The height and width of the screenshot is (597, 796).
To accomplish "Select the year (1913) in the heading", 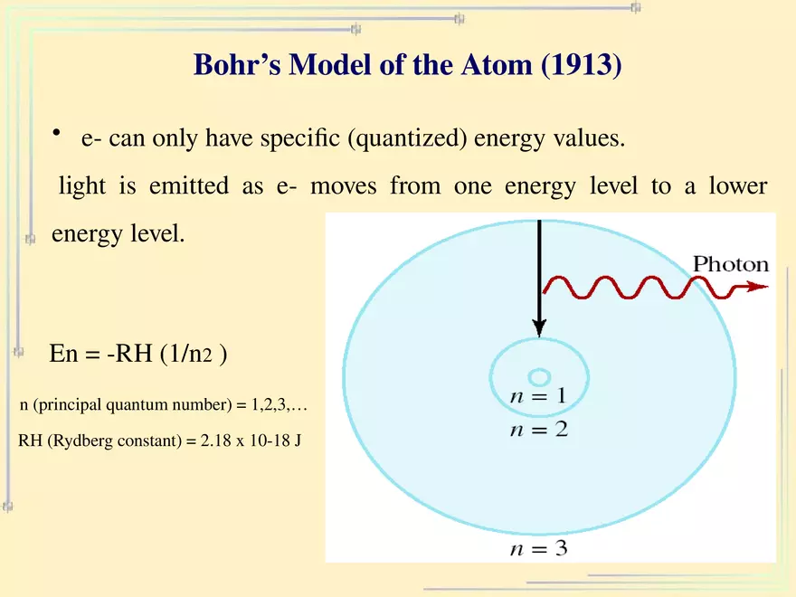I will [581, 65].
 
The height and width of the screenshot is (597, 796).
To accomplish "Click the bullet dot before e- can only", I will [56, 135].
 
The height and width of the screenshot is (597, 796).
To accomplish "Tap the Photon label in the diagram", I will [730, 264].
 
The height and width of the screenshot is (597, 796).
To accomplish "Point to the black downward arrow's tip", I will [539, 332].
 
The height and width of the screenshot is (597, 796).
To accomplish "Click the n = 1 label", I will [538, 396].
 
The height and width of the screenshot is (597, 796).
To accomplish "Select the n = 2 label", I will [538, 430].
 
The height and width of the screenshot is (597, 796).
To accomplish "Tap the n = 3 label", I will [538, 548].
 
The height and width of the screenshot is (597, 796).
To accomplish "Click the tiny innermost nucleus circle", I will [539, 376].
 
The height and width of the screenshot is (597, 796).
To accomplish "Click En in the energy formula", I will [63, 355].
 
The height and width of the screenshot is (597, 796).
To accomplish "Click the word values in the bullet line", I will [594, 140].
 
